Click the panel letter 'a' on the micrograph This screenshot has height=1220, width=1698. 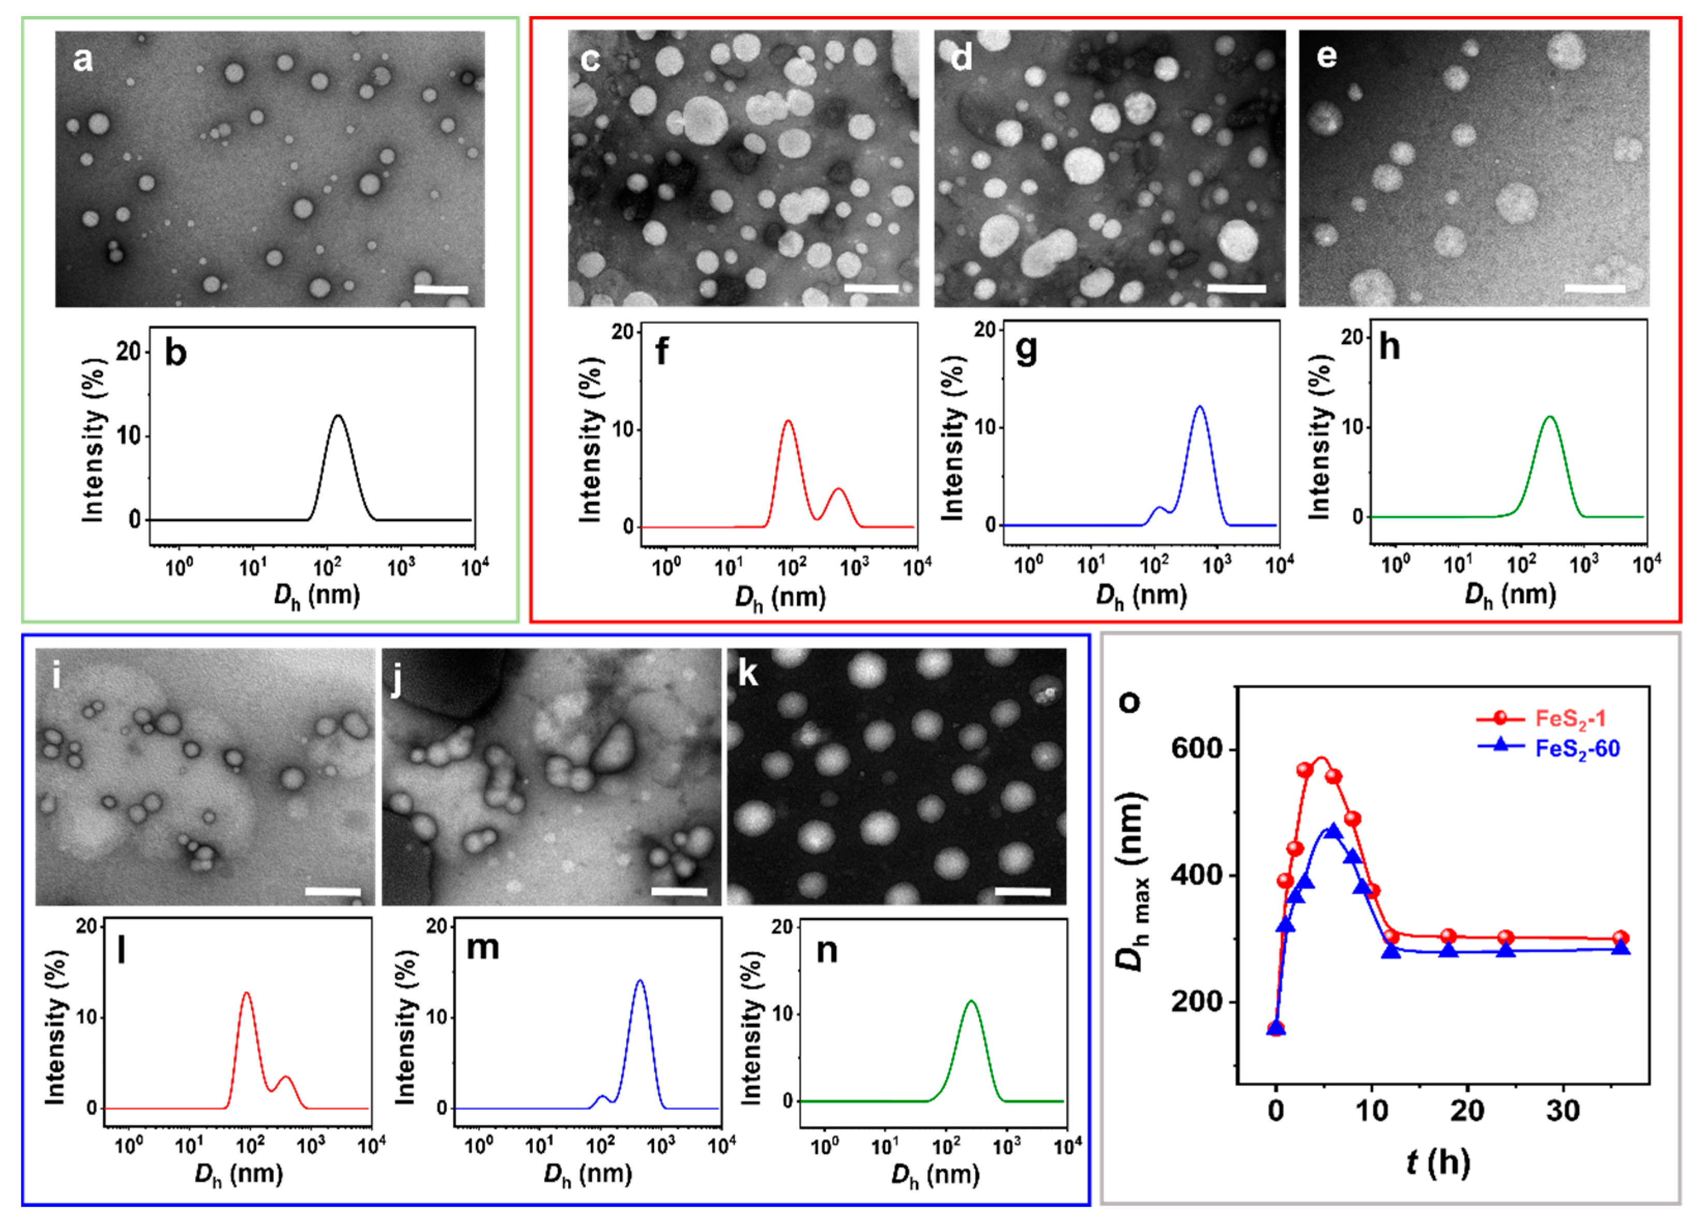pyautogui.click(x=82, y=58)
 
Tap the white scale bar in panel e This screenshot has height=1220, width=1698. pyautogui.click(x=1594, y=289)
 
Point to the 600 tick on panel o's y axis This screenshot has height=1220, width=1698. pyautogui.click(x=1200, y=748)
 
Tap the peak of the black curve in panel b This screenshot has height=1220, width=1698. pyautogui.click(x=338, y=416)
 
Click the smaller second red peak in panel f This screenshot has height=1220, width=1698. pyautogui.click(x=838, y=490)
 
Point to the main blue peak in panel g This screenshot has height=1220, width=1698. pyautogui.click(x=1199, y=407)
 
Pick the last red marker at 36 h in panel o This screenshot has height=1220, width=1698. pyautogui.click(x=1621, y=938)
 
